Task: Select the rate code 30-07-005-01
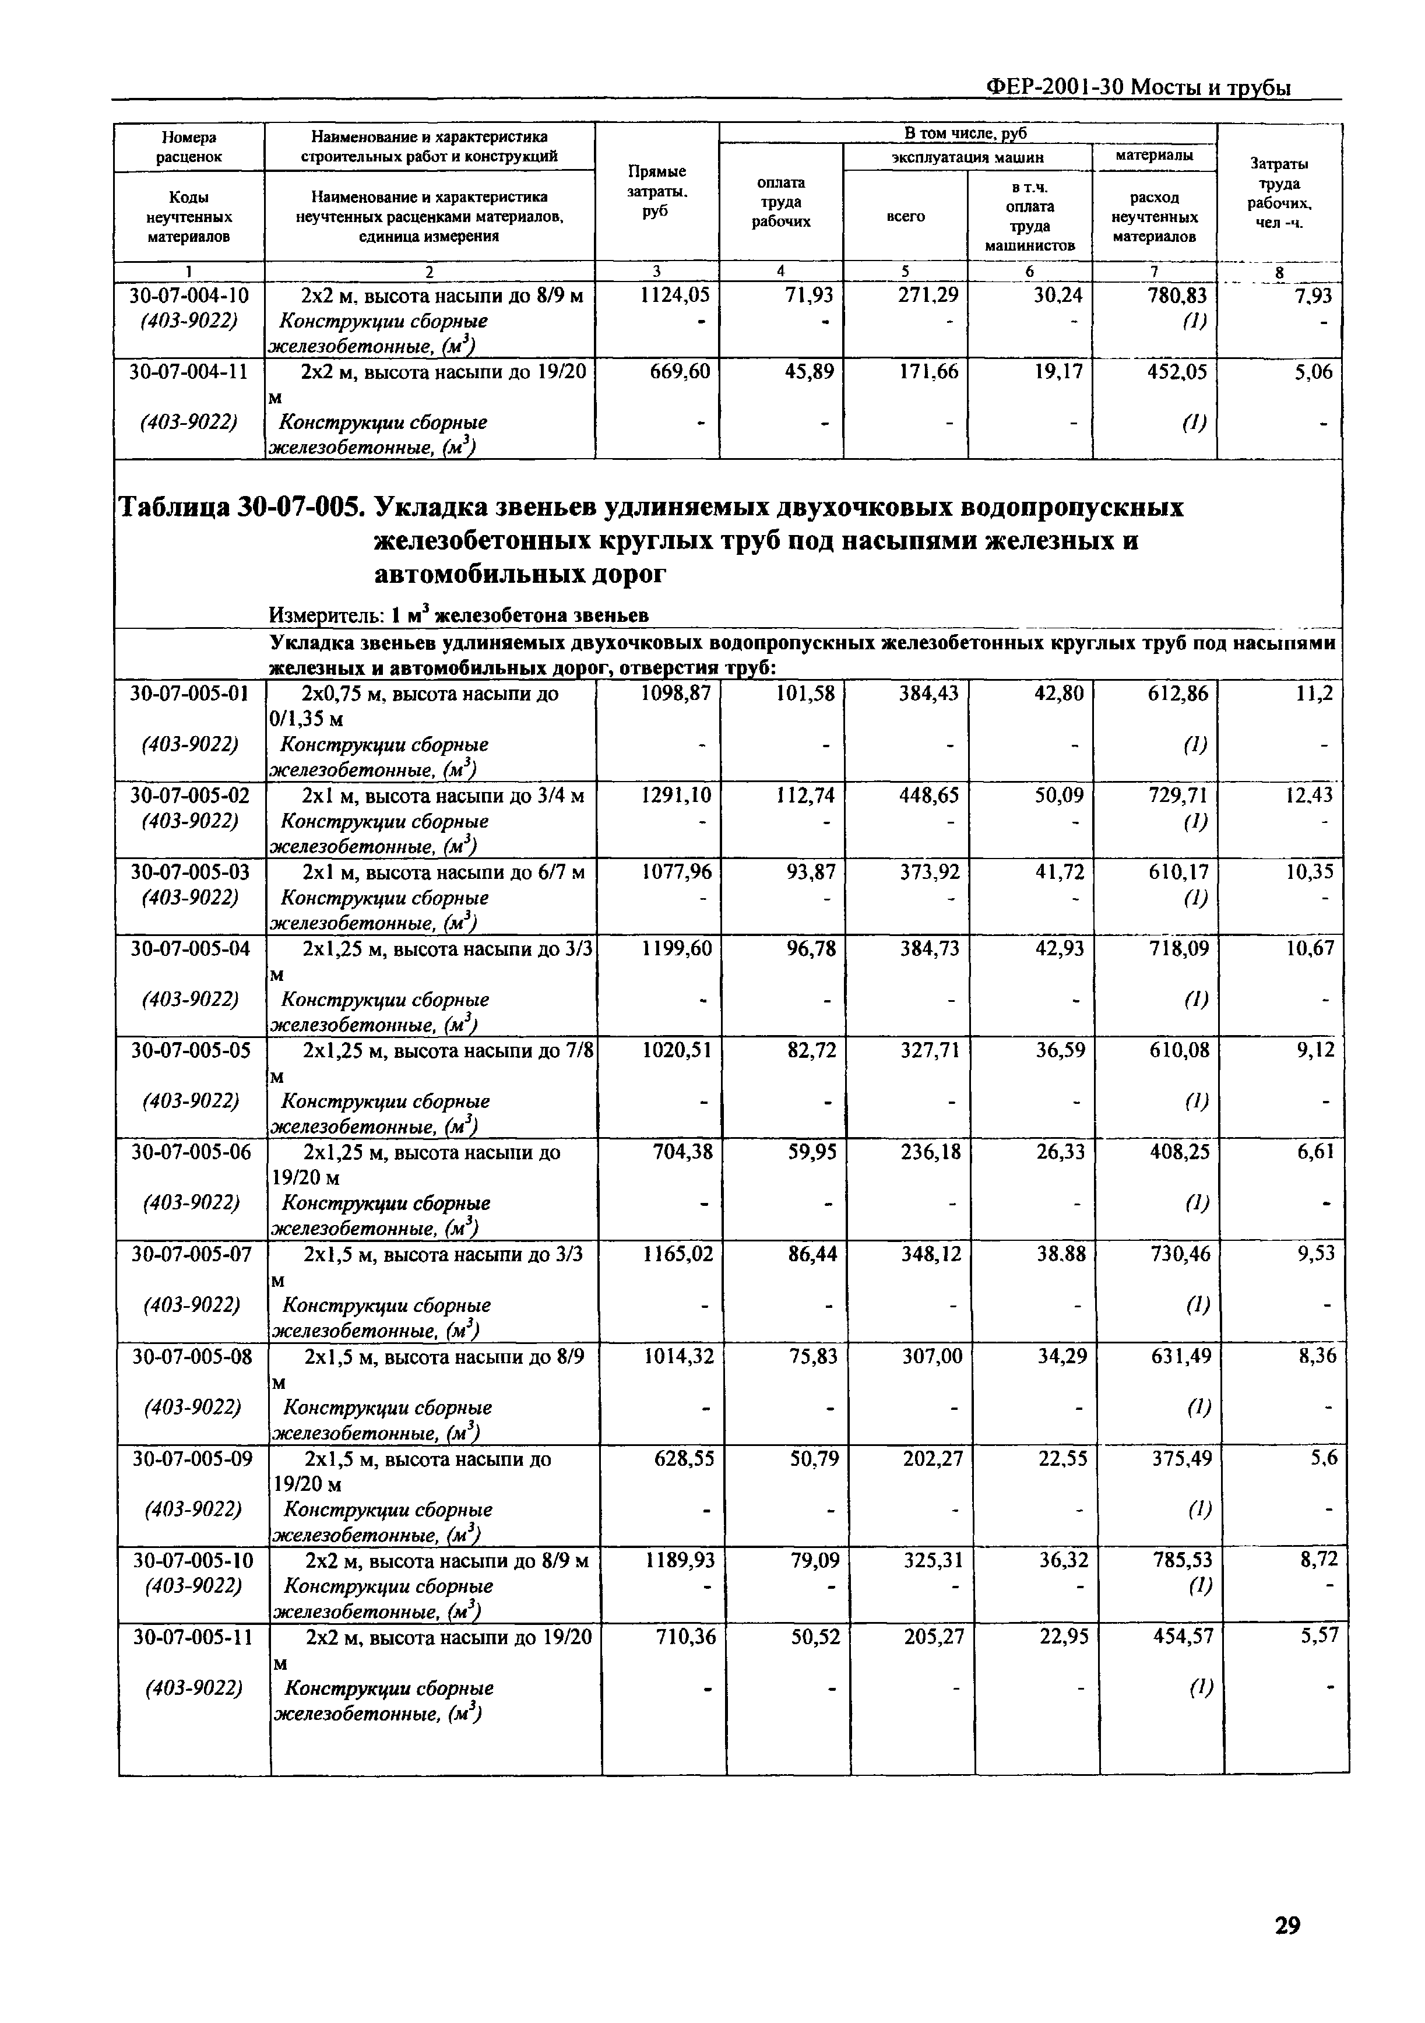189,694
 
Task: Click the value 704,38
685,1152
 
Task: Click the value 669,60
680,372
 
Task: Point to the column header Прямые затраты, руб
656,191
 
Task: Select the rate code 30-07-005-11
192,1637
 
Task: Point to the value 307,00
933,1356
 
